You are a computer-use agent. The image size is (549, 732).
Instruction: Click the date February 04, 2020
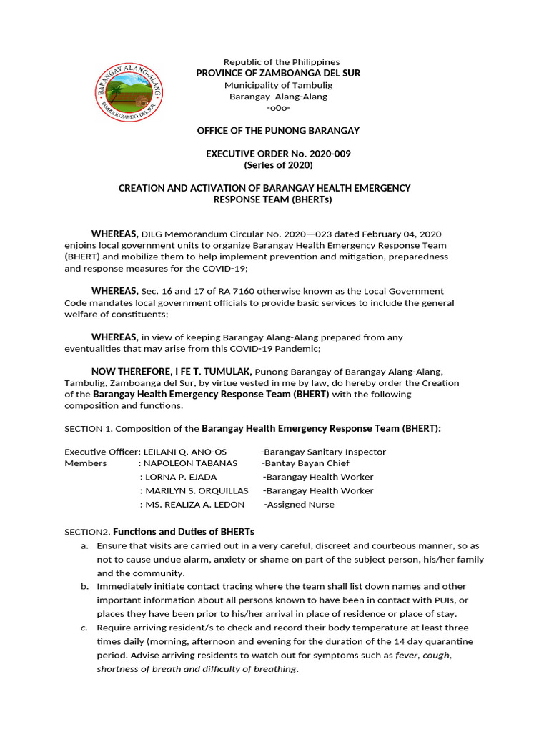403,234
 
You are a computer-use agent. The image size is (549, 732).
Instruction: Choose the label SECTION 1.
88,429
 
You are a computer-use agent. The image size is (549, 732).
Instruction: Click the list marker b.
84,586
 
